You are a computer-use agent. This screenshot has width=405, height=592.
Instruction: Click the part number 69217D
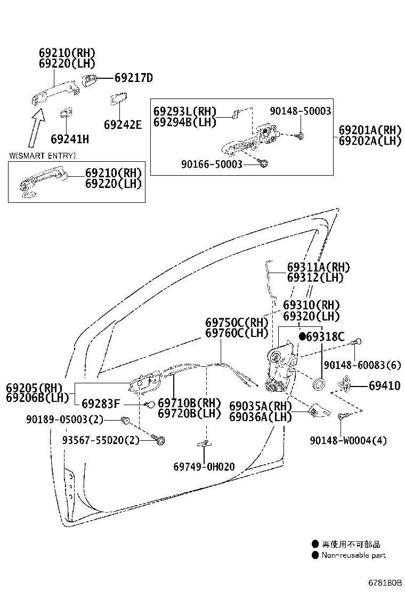[133, 78]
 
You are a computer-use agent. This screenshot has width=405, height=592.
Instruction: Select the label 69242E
[123, 125]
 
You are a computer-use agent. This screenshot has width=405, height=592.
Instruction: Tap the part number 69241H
[70, 139]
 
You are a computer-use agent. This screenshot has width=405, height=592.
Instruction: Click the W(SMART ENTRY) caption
[42, 155]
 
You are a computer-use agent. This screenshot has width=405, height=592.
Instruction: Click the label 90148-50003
[300, 111]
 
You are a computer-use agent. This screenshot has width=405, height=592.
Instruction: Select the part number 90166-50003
[212, 165]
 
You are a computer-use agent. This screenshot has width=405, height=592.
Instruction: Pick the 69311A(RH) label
[319, 267]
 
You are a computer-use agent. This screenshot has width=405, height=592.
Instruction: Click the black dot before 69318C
[302, 336]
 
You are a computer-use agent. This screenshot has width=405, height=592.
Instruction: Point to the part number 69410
[384, 385]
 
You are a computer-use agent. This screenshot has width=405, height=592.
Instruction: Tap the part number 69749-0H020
[204, 467]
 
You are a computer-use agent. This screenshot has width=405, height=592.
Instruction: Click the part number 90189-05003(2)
[63, 420]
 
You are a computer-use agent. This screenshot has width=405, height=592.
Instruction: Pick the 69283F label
[101, 404]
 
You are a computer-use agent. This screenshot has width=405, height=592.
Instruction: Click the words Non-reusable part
[353, 555]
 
